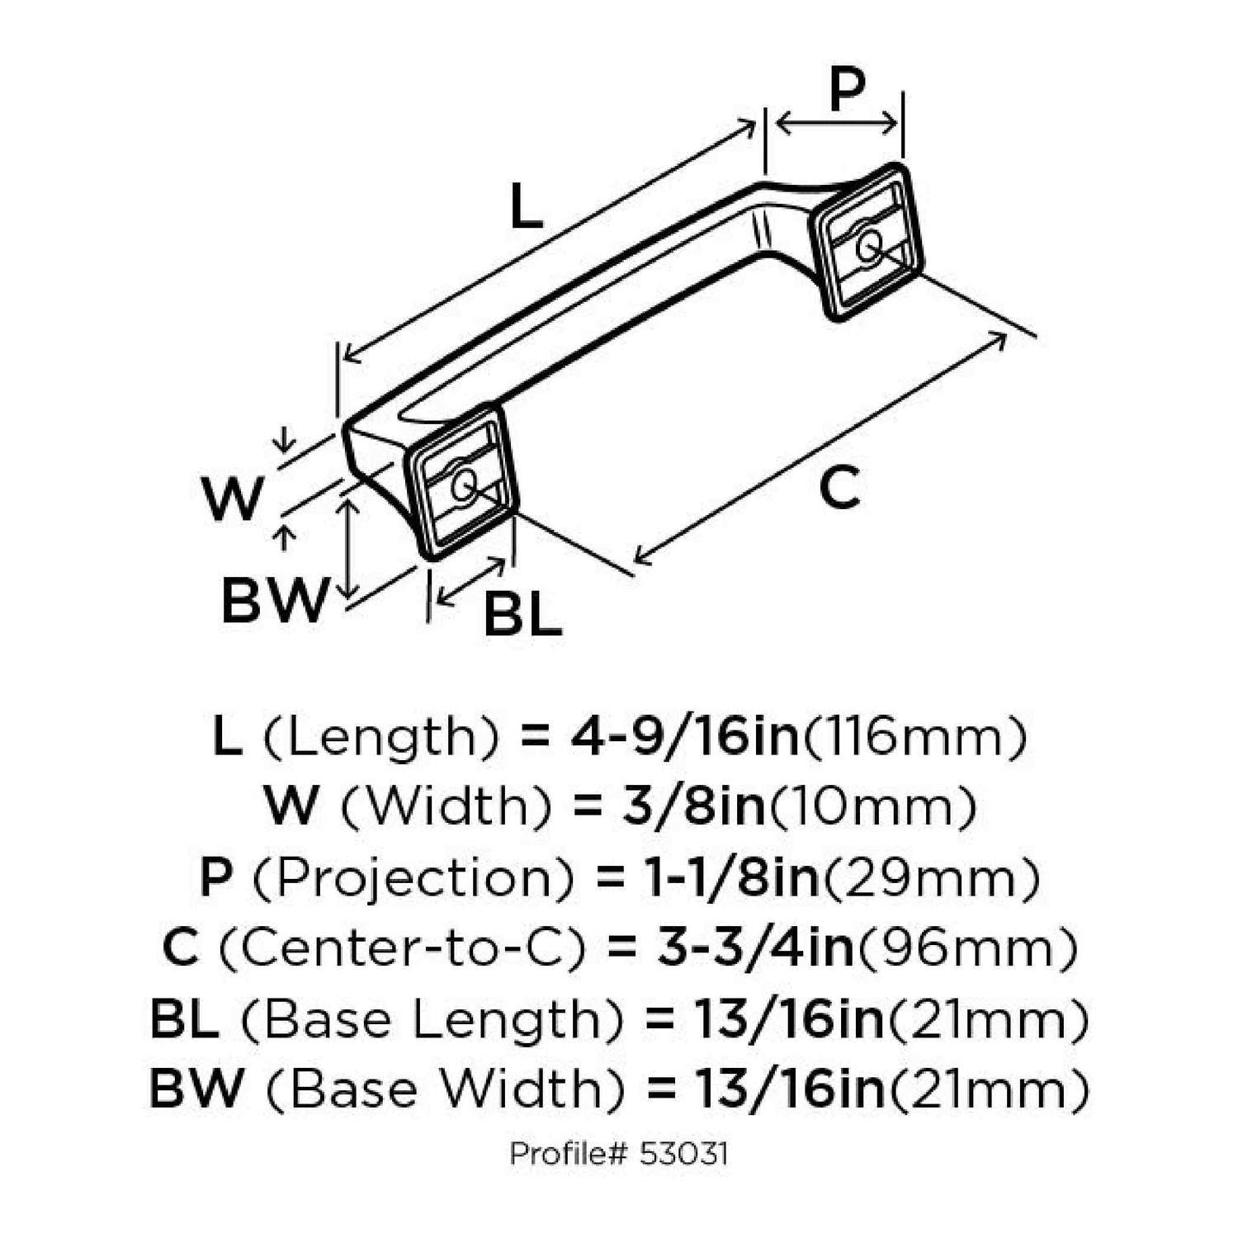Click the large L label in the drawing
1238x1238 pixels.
point(526,207)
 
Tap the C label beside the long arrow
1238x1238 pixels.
point(839,487)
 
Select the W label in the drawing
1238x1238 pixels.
point(233,499)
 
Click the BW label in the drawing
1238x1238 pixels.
point(275,600)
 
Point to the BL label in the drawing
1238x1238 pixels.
point(522,615)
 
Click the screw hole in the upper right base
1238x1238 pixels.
point(867,245)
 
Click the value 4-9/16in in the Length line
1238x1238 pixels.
point(684,736)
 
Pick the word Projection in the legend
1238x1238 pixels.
point(413,878)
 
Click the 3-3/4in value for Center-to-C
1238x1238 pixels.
point(755,948)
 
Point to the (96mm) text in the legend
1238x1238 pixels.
point(966,948)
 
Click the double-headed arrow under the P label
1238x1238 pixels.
point(836,125)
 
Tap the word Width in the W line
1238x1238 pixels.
point(446,806)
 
